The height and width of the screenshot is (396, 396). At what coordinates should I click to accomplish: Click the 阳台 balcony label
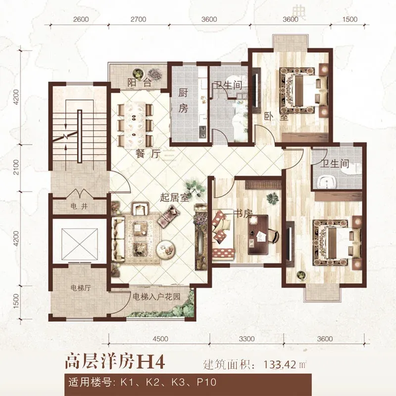point(139,83)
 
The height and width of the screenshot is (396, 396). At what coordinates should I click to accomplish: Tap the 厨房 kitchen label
point(183,100)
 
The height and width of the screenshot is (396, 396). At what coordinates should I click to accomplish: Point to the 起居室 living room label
point(175,198)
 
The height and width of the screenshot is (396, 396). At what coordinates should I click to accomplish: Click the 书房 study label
point(243,214)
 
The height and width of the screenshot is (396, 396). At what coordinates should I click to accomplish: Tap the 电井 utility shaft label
point(79,206)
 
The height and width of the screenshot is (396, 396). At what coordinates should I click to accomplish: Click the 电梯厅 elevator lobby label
point(80,288)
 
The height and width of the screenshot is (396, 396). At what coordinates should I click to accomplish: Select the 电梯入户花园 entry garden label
point(156,297)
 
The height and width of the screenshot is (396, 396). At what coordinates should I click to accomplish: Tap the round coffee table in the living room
point(165,249)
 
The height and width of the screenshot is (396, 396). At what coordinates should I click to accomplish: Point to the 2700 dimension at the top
point(139,19)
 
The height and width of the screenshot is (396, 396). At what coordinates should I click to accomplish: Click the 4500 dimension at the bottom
point(160,339)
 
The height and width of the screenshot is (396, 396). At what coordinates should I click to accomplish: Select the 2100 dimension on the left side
point(16,167)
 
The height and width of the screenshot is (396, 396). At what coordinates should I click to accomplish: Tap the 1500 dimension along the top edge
point(350,19)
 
